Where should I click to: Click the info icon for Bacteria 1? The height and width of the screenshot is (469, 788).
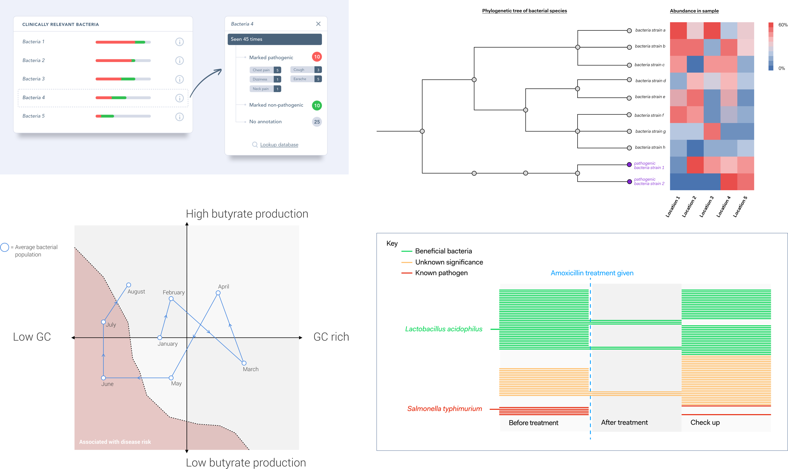click(x=179, y=42)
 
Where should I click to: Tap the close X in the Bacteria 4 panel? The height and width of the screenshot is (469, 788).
click(x=318, y=24)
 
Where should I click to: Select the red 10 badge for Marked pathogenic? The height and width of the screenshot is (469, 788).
click(x=317, y=57)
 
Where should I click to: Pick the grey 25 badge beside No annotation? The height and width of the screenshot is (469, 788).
click(x=317, y=122)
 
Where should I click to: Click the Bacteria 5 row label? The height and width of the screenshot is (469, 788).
click(x=33, y=116)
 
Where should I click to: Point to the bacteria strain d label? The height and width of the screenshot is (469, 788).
click(x=650, y=81)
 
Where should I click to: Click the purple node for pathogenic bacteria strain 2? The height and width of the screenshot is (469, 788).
click(x=629, y=182)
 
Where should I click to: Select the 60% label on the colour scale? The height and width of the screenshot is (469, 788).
click(x=783, y=25)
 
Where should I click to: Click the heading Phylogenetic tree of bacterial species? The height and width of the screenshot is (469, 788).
click(x=524, y=11)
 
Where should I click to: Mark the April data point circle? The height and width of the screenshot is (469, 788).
click(x=218, y=293)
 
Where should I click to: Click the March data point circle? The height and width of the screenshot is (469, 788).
click(x=244, y=363)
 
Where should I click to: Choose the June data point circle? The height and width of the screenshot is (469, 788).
click(x=103, y=378)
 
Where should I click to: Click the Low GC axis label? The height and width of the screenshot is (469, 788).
click(x=32, y=337)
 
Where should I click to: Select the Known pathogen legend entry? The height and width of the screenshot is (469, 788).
click(x=441, y=273)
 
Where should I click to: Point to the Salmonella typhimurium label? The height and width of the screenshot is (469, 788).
click(x=445, y=408)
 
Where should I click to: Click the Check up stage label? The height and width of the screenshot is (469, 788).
click(x=705, y=423)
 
